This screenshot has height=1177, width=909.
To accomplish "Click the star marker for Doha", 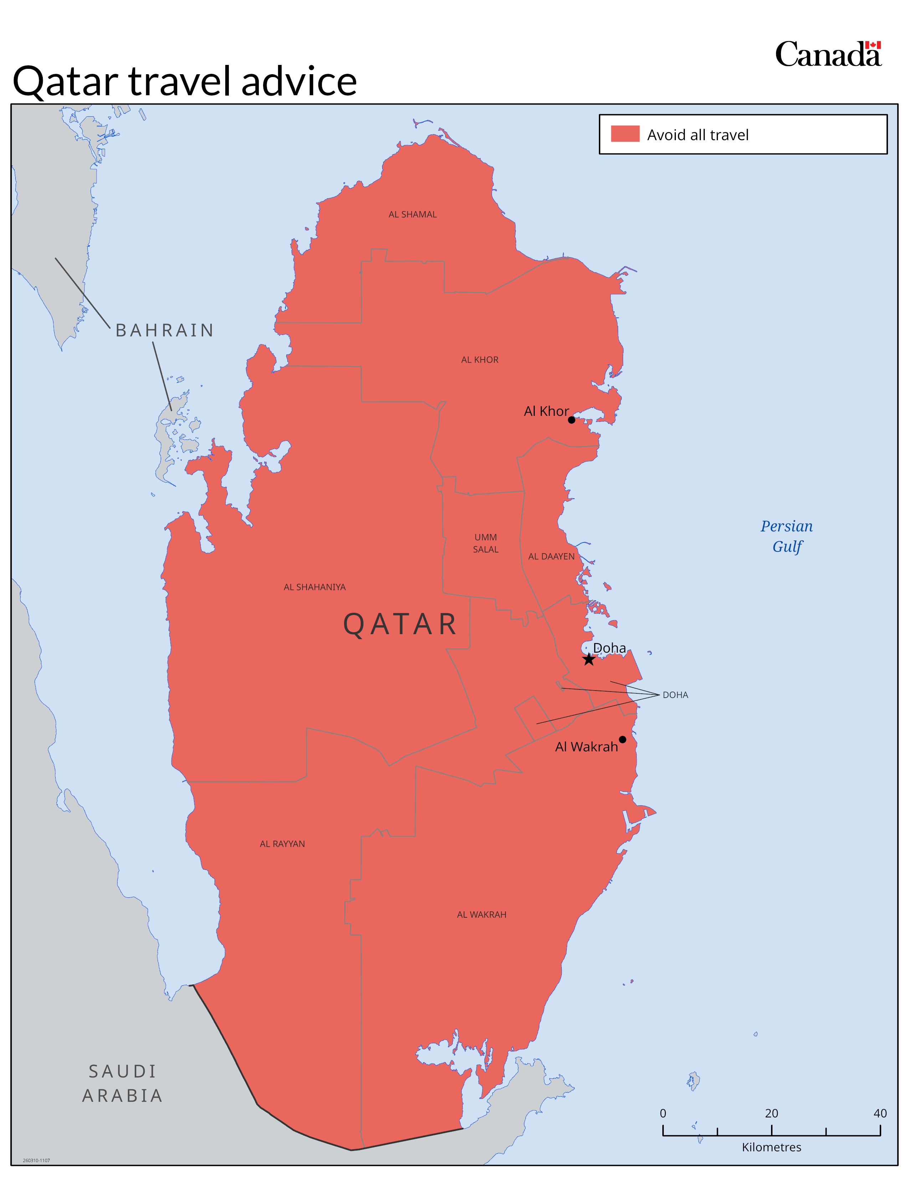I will point(589,659).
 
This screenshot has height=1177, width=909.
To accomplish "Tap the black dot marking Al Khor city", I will point(571,420).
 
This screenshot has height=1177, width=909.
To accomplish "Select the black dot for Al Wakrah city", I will point(622,739).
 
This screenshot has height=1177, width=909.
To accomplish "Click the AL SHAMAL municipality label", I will point(412,214).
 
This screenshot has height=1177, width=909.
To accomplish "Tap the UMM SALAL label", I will point(486,543).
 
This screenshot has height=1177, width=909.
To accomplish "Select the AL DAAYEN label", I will point(551,556).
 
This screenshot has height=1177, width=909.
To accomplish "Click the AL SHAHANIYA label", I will point(314,587).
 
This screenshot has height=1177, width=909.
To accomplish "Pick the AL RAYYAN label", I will point(282,844).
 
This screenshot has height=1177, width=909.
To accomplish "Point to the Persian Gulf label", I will point(787,536).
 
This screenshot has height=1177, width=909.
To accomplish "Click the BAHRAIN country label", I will point(165,330).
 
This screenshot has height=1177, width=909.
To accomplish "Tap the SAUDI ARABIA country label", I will point(122,1083).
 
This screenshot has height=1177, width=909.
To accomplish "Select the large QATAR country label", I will point(400,625).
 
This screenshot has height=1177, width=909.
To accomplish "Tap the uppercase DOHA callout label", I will point(675,695).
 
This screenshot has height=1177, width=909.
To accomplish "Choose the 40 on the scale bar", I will point(880,1114).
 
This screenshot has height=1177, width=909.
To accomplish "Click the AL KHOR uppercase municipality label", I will point(480,360).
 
